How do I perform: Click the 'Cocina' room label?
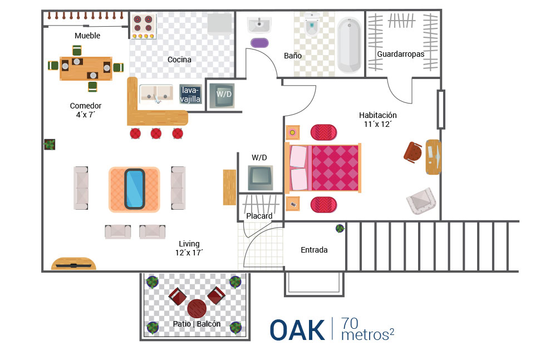179,60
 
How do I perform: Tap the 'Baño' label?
293,56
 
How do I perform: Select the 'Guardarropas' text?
400,54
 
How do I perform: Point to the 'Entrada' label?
314,250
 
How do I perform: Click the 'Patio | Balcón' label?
197,324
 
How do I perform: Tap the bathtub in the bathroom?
349,45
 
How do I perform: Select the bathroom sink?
259,25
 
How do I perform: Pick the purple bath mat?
259,43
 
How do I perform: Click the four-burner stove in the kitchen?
143,26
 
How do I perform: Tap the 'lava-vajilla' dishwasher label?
190,95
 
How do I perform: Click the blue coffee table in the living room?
134,189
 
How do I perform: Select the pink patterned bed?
323,168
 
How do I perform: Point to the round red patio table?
197,308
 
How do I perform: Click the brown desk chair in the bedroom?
413,152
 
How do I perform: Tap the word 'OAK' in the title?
297,330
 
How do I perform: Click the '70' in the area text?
350,323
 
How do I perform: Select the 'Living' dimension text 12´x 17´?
189,253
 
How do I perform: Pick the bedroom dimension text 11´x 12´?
377,124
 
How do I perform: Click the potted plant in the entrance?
340,228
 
